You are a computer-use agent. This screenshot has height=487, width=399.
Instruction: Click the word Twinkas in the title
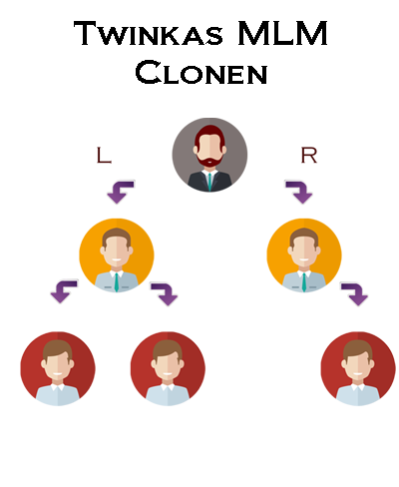click(149, 33)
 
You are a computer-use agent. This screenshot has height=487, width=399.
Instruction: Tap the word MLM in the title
click(283, 33)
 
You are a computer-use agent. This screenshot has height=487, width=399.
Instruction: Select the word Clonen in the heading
click(201, 72)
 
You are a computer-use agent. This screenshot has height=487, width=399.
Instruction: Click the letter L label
click(104, 155)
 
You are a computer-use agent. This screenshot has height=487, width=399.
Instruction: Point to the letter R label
click(309, 155)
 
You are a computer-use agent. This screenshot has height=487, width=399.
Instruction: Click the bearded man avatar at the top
click(209, 155)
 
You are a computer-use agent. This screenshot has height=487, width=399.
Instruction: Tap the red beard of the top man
click(209, 161)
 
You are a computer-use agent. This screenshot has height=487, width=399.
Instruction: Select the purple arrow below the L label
click(121, 192)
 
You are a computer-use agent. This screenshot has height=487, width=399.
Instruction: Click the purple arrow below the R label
click(299, 192)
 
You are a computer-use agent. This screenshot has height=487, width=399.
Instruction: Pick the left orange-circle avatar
click(117, 255)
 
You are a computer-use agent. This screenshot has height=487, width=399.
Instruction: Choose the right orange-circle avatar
click(304, 255)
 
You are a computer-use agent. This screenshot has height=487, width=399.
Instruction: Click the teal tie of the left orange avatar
click(117, 282)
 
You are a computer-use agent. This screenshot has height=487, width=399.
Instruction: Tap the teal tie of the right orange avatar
click(304, 282)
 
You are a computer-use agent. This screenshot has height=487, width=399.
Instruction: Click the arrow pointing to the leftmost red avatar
click(64, 291)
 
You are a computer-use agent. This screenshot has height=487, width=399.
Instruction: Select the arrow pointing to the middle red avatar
click(165, 293)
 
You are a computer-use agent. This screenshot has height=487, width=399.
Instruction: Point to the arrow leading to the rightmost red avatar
click(354, 293)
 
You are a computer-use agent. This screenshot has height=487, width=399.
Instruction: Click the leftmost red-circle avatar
click(58, 368)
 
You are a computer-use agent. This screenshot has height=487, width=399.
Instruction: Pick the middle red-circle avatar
click(168, 368)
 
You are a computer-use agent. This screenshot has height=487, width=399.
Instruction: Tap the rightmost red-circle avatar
click(358, 368)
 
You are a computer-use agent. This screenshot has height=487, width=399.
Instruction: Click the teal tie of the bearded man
click(209, 182)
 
